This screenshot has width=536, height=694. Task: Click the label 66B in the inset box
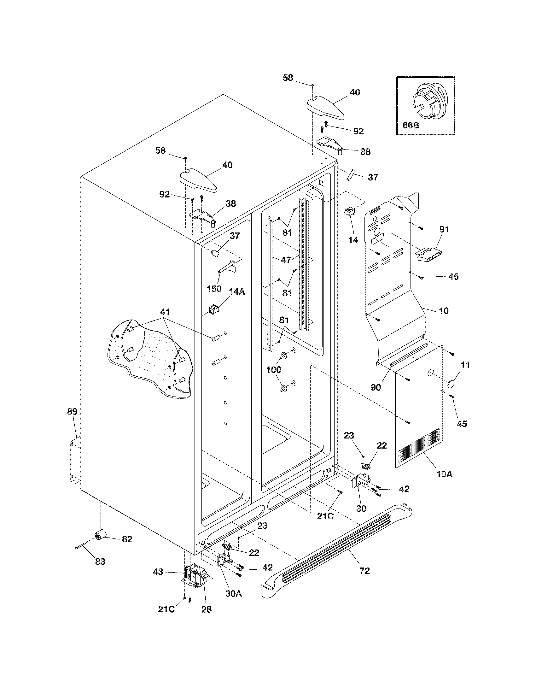[411, 125]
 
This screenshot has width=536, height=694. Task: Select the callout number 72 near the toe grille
[365, 571]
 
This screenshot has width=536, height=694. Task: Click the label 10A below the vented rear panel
[444, 483]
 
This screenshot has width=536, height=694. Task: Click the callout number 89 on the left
[72, 412]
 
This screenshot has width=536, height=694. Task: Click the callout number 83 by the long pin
[100, 562]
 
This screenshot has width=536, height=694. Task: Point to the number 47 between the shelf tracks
[286, 260]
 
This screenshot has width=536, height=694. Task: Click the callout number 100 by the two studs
[274, 369]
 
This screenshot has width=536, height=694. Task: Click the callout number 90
[376, 388]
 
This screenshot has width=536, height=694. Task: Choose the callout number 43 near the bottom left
[158, 572]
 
